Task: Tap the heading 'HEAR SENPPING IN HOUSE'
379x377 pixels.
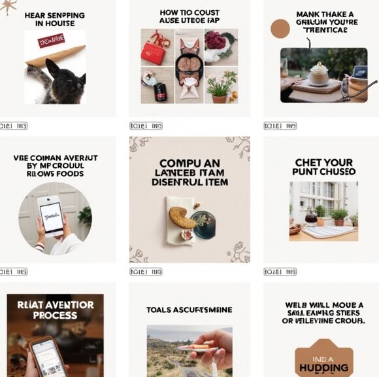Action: click(56, 19)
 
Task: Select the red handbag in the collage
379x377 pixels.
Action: click(154, 51)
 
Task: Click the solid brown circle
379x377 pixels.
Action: click(280, 29)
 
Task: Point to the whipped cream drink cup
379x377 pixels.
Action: click(318, 73)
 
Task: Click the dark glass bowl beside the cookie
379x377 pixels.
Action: click(204, 224)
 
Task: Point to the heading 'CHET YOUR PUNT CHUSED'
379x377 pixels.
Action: click(324, 167)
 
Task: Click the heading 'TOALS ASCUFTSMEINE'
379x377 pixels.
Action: click(189, 310)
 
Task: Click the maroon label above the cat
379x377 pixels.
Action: click(51, 41)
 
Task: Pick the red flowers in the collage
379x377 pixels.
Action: click(215, 40)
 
